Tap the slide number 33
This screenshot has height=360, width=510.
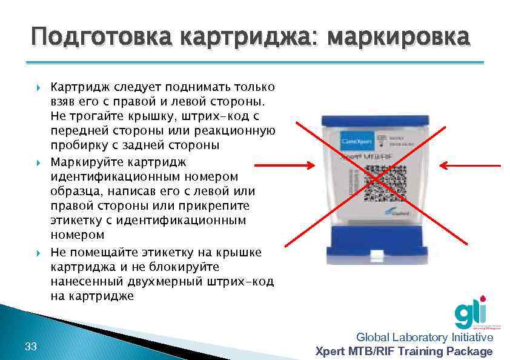[x=31, y=347]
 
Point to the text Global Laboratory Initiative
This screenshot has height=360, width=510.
[x=425, y=338]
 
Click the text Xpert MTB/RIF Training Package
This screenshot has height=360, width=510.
[x=405, y=352]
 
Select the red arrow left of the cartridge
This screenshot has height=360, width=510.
[x=284, y=165]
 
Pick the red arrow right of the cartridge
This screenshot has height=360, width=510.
[x=470, y=165]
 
